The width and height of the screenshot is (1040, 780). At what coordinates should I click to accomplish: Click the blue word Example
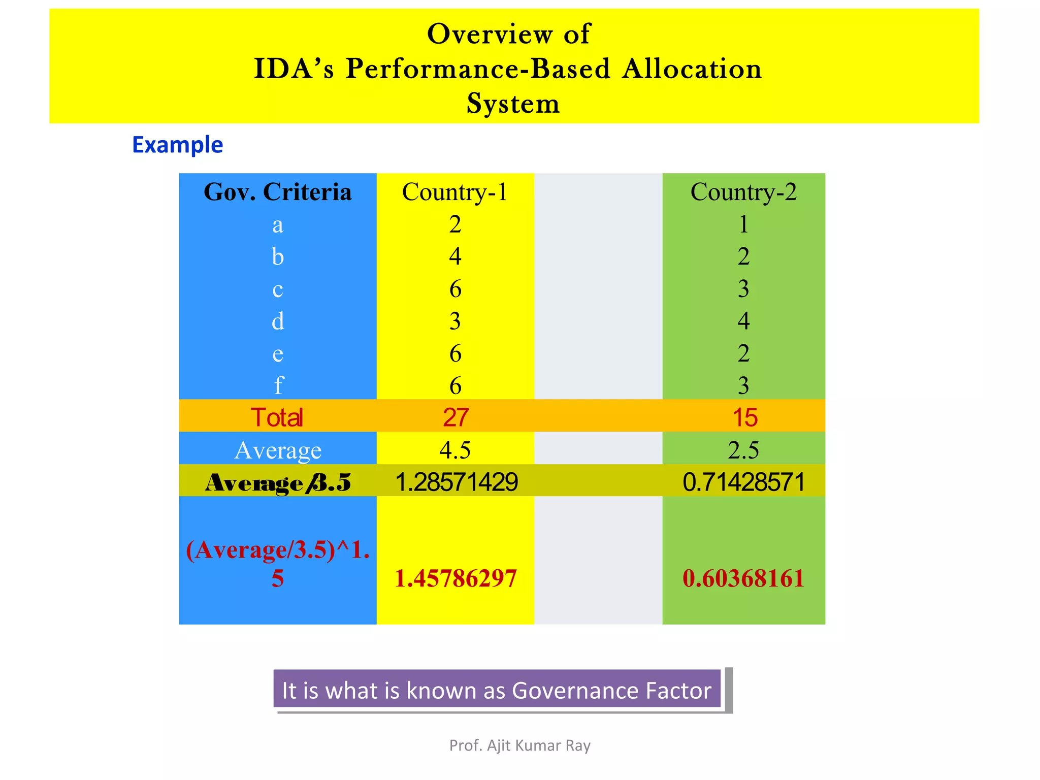click(x=177, y=145)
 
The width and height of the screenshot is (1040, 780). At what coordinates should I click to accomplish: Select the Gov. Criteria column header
click(x=277, y=192)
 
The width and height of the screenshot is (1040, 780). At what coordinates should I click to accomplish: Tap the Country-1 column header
click(x=454, y=192)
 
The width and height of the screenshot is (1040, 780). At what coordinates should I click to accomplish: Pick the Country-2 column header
click(x=743, y=192)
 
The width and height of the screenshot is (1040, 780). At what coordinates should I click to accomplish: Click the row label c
click(x=277, y=289)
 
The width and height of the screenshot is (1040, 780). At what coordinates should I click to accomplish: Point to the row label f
click(x=278, y=385)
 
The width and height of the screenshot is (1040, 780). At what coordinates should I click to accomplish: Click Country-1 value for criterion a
click(x=455, y=224)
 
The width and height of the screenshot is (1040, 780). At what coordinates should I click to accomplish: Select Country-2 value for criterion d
click(x=743, y=321)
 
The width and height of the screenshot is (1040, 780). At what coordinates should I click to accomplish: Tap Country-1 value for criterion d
click(x=455, y=321)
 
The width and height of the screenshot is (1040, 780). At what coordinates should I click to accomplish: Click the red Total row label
click(x=277, y=417)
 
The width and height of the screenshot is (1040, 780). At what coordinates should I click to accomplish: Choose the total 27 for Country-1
click(x=455, y=417)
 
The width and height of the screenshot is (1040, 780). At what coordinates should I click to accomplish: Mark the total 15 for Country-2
click(x=744, y=417)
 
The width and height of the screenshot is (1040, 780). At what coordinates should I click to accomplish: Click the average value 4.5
click(x=455, y=450)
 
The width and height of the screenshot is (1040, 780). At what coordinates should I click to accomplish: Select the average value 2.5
click(x=743, y=450)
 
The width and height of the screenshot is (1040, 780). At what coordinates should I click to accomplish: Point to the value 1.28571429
click(x=456, y=482)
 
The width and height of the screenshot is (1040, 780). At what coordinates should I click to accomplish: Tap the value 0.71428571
click(x=744, y=482)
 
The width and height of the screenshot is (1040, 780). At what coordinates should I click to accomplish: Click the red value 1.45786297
click(x=456, y=578)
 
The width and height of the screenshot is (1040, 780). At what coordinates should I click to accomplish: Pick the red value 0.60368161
click(x=743, y=578)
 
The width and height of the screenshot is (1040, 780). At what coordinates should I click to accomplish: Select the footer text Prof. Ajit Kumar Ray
click(x=520, y=745)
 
